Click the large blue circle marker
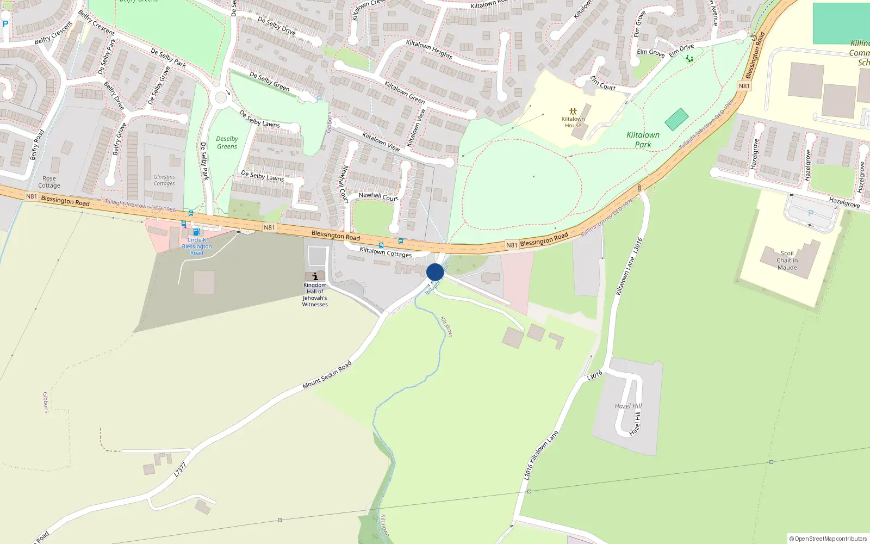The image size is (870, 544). (x=435, y=272)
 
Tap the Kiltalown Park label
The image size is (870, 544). (x=643, y=140)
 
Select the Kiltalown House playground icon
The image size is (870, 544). (x=573, y=112)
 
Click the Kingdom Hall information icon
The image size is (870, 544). (x=315, y=276)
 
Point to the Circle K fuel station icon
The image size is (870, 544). (x=196, y=232)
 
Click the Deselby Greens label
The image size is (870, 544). (x=227, y=143)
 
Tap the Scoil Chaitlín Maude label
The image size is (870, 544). (x=787, y=261)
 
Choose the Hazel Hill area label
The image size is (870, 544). (x=628, y=406)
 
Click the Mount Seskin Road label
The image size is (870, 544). (x=327, y=375)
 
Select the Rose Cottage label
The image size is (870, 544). (x=49, y=182)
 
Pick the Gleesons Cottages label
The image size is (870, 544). (x=164, y=180)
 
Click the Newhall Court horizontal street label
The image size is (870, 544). (x=378, y=196)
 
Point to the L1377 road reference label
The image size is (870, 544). (x=180, y=469)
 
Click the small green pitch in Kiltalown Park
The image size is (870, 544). (x=676, y=119)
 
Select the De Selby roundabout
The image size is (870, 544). (x=221, y=98)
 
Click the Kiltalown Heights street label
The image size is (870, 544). (x=429, y=49)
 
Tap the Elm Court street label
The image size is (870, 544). (x=603, y=83)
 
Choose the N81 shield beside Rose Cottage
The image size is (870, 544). (x=32, y=196)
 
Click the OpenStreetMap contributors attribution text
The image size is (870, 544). (x=828, y=539)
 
